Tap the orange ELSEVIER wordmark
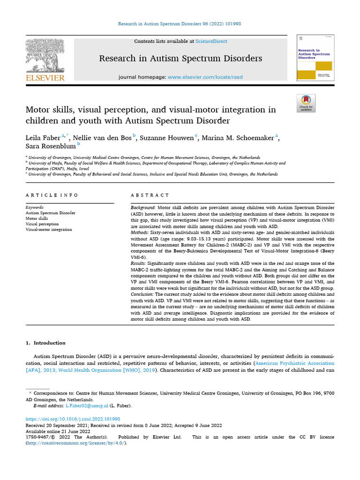click(45, 78)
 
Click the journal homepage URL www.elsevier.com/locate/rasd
click(205, 77)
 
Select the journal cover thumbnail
click(315, 57)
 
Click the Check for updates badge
click(306, 103)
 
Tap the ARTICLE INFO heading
click(52, 195)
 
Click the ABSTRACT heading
click(150, 195)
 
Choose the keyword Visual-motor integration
click(49, 230)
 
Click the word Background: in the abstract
click(142, 207)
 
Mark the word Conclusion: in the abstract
click(143, 293)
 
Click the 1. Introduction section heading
click(45, 343)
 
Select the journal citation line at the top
click(180, 23)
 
